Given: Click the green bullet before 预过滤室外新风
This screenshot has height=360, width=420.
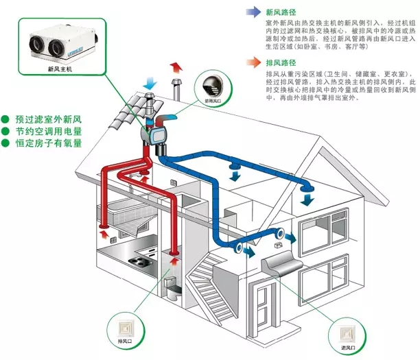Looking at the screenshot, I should (5, 118).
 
